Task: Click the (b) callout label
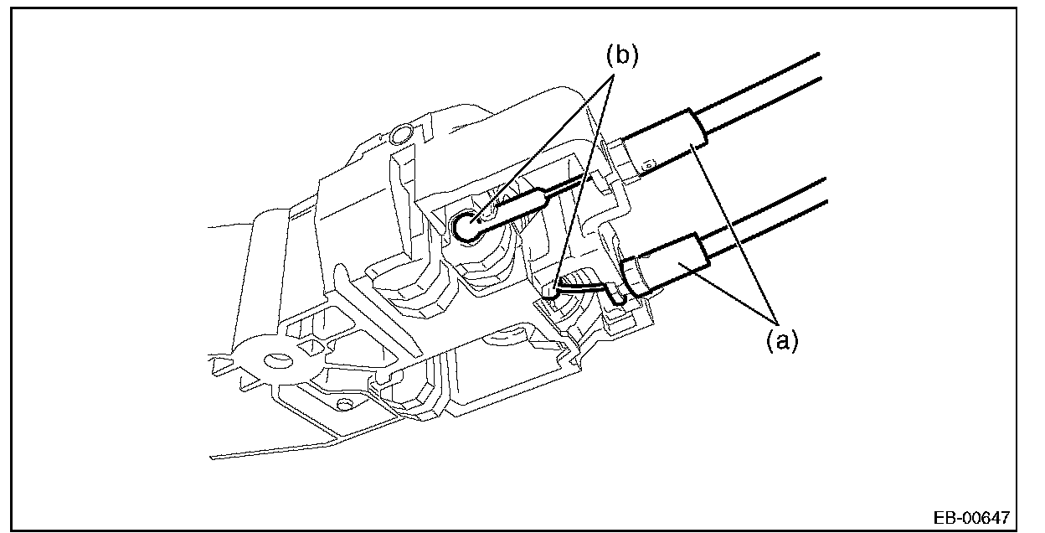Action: [x=621, y=56]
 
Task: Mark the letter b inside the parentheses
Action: [x=621, y=56]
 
